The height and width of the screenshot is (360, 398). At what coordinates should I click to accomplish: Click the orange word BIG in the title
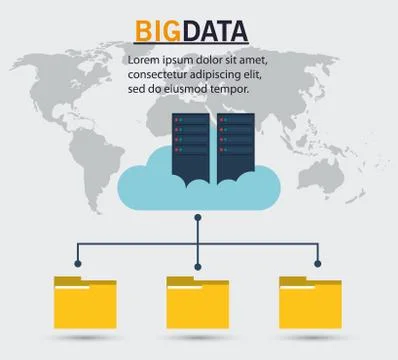(x=154, y=31)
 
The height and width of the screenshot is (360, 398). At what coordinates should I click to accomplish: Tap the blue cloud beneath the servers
(x=150, y=185)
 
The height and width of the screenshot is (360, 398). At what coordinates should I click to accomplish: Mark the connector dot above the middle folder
(x=198, y=264)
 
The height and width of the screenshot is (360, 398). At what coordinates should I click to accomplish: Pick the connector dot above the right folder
(x=318, y=264)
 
